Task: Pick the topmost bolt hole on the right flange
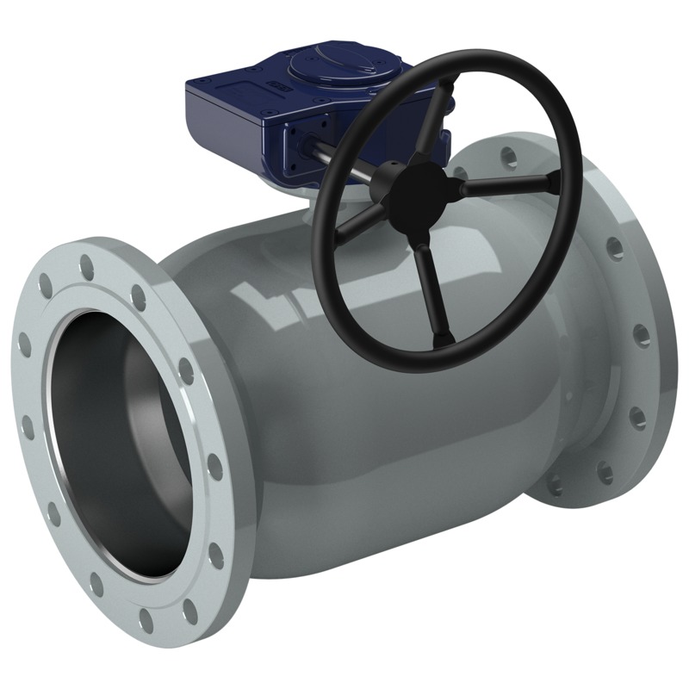pyautogui.click(x=509, y=157)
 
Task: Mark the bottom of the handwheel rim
pyautogui.click(x=422, y=366)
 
